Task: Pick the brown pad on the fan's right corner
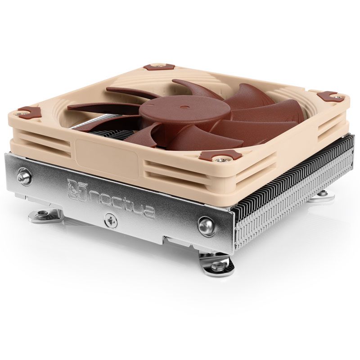(x=330, y=96)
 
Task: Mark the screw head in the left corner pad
(x=20, y=113)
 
